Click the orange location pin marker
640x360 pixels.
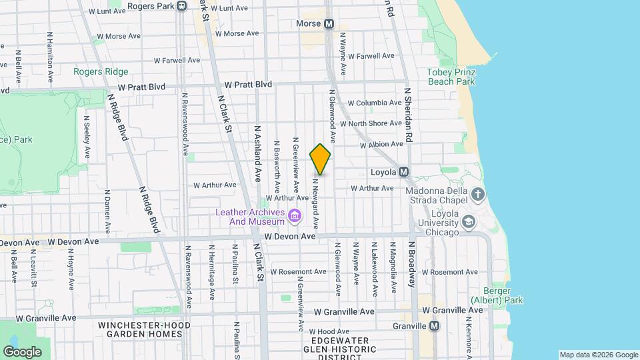[320, 159]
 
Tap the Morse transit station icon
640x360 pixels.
[329, 24]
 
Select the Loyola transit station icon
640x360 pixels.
[404, 172]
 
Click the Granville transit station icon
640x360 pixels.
[435, 326]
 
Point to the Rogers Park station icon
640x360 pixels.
[181, 6]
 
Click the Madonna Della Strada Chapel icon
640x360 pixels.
[477, 195]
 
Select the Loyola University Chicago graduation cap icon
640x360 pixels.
[469, 221]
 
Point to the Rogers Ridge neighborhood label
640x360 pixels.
[101, 71]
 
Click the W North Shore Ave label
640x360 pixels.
[371, 123]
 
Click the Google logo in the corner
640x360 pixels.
[22, 351]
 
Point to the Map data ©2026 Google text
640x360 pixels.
[598, 355]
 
